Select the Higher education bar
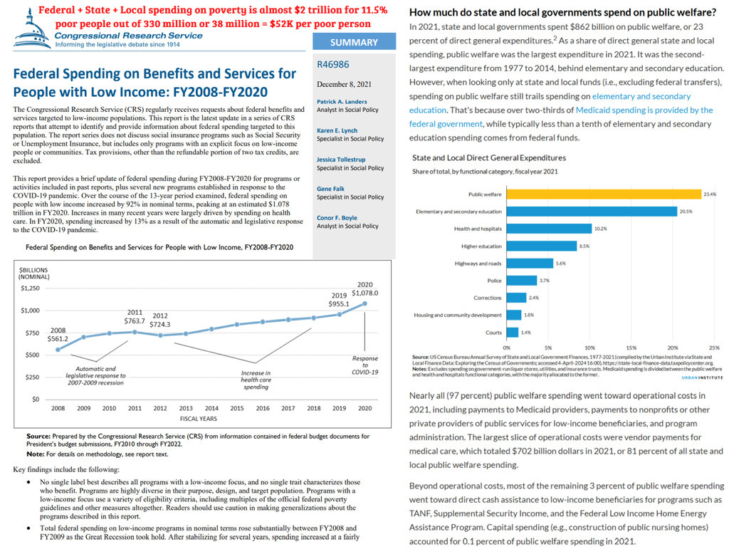click(541, 246)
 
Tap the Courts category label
click(493, 332)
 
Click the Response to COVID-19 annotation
click(365, 365)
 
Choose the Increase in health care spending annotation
click(256, 380)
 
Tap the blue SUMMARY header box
click(354, 42)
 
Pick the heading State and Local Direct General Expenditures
click(488, 157)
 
